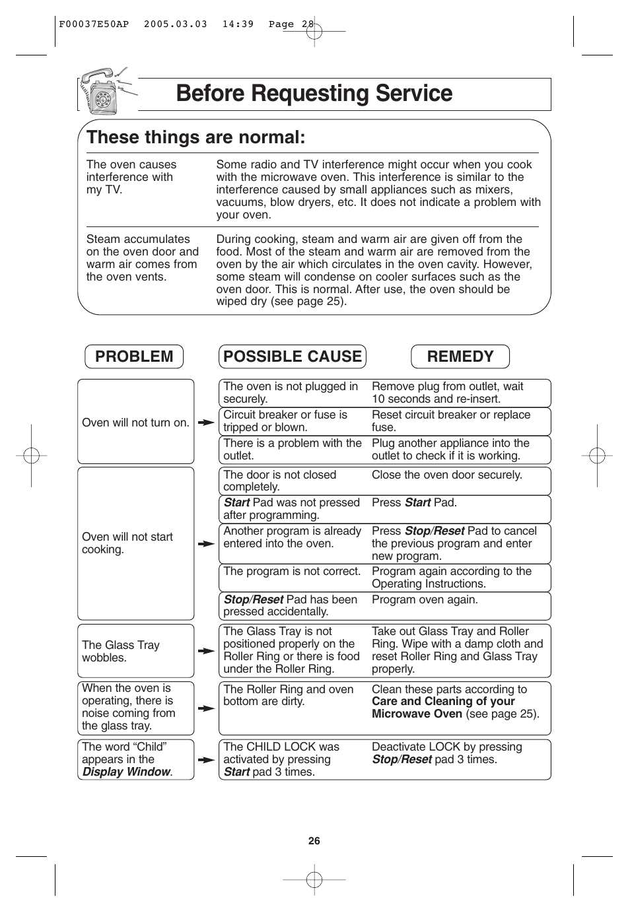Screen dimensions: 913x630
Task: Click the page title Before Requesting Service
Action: pos(314,94)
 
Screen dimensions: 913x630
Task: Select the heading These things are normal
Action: pos(196,137)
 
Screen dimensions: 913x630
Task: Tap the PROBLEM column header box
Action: pos(134,356)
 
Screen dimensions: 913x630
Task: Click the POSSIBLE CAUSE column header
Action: pos(293,356)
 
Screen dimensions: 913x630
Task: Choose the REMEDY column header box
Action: pos(460,356)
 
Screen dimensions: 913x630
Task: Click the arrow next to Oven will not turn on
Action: pos(207,423)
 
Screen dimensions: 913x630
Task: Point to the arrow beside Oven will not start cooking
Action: pos(207,544)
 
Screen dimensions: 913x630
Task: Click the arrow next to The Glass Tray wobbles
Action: pos(207,651)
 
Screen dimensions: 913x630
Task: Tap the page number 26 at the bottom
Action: pos(314,840)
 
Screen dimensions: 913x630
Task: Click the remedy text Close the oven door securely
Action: pos(446,475)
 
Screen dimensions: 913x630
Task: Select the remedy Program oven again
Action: pos(425,599)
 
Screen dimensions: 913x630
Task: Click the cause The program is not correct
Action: pos(292,571)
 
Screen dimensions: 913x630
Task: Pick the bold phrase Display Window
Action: pos(126,772)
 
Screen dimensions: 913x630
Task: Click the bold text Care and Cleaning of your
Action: pos(443,701)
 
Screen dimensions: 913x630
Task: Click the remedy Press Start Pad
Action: pos(414,502)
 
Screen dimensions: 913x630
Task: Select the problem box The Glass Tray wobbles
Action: pos(135,651)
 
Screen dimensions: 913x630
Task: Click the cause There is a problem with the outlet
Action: pos(292,450)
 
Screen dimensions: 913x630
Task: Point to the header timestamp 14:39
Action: pos(238,24)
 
